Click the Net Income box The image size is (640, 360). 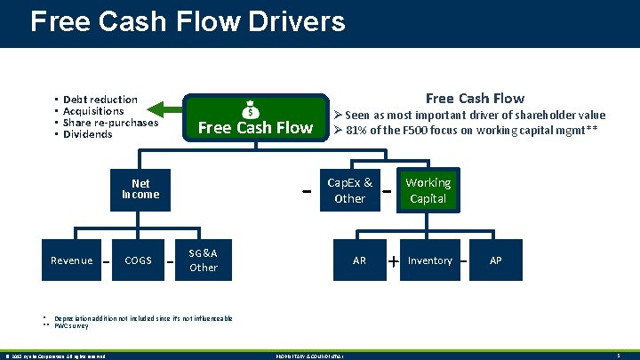pos(140,188)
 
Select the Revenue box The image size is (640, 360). pos(71,260)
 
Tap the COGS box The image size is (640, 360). pos(138,260)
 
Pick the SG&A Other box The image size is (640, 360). pos(204,260)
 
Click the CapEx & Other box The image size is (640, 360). pos(349,190)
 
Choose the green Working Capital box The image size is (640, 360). pos(428,190)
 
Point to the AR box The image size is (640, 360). pos(359,260)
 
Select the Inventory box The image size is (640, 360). pos(430,260)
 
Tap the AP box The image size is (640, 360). pos(495,260)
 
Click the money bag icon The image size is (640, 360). pos(252,109)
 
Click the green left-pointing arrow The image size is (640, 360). pos(160,109)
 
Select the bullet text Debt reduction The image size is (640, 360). pos(100,100)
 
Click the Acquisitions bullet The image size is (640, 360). pos(93,111)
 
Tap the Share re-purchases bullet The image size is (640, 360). pos(110,123)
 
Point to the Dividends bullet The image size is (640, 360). pos(87,134)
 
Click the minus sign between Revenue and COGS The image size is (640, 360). pos(105,261)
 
